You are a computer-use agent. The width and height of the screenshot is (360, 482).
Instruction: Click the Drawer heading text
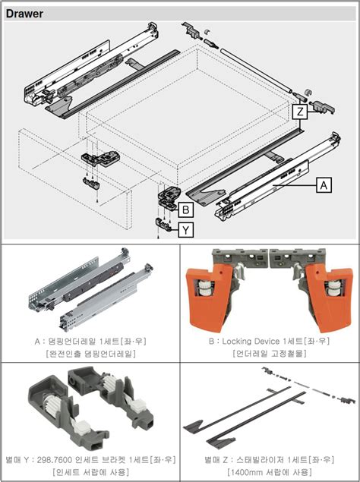click(24, 14)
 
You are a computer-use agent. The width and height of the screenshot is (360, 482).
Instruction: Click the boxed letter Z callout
click(300, 112)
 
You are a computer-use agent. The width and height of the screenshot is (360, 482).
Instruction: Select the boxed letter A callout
click(324, 184)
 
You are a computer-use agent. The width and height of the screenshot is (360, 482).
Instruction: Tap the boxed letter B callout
click(185, 210)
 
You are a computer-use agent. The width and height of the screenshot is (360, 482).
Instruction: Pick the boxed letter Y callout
click(185, 230)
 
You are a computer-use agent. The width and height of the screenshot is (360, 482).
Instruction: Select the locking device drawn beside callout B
click(169, 196)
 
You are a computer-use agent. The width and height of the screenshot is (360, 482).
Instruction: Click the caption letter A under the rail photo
click(37, 342)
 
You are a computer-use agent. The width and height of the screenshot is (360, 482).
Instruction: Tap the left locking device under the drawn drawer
click(100, 159)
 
